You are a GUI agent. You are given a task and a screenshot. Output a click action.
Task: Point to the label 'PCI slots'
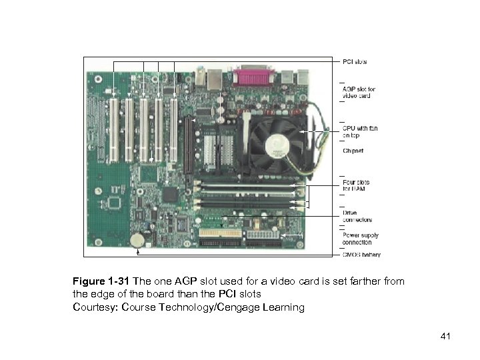354,62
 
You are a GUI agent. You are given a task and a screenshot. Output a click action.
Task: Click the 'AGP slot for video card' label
358,92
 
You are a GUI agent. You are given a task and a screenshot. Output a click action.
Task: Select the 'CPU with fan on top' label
358,133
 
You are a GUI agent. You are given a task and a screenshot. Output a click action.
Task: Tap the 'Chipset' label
353,151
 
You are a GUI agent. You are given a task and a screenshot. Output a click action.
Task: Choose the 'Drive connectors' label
357,216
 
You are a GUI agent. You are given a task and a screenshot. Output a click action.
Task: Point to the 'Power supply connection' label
359,239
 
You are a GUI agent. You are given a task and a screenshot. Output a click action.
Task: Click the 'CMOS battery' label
361,255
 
